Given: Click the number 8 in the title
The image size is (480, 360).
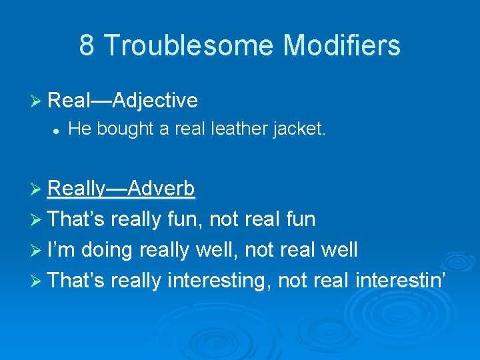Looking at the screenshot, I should point(87,45).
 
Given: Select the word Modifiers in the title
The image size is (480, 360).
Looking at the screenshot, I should point(341,45).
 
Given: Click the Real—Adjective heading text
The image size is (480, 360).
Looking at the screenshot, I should point(123,100).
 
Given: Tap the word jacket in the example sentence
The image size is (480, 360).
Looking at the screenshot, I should point(299,129).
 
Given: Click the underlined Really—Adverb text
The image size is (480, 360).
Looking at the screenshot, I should point(121,189).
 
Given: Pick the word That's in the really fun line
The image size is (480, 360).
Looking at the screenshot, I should point(77,219).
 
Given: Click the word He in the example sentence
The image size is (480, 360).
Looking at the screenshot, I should point(79,129).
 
